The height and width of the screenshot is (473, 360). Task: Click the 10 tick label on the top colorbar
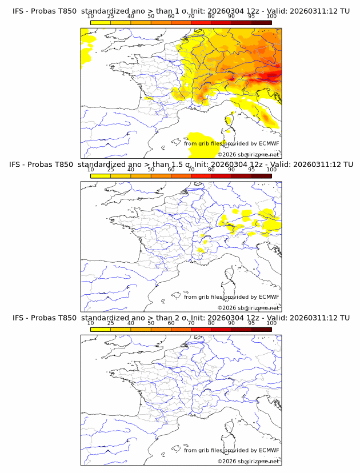point(90,16)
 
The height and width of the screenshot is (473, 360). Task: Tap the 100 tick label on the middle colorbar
point(271,170)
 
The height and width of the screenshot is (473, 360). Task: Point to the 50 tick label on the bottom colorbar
point(151,323)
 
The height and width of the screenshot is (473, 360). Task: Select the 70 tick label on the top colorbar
point(191,16)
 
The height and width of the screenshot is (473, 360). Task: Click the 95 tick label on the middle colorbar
point(251,170)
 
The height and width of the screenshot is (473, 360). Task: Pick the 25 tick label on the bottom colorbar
point(110,323)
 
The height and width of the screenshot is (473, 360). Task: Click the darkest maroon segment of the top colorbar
point(261,22)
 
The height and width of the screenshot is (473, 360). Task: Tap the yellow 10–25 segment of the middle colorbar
point(101,176)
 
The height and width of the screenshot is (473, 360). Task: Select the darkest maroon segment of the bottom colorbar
point(261,330)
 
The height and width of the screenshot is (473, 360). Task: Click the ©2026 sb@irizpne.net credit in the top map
point(248,154)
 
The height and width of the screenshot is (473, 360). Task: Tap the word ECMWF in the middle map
point(269,297)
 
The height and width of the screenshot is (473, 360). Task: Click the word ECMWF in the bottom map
point(269,450)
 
